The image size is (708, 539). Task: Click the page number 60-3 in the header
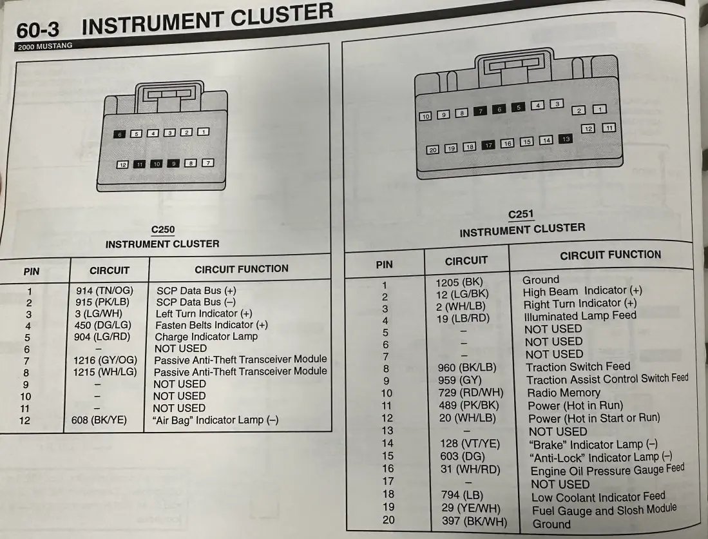click(38, 30)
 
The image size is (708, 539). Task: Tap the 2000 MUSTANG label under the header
click(44, 46)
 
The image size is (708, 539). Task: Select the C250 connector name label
click(163, 230)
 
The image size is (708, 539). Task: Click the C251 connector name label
click(521, 215)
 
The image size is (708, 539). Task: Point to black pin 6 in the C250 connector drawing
click(120, 134)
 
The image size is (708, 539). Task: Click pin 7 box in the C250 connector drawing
click(207, 162)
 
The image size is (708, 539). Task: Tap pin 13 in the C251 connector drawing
click(566, 139)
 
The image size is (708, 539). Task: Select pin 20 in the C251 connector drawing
click(432, 150)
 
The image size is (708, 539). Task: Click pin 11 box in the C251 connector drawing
click(609, 128)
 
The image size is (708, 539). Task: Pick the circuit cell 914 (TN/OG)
click(104, 291)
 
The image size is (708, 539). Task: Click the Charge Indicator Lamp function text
click(206, 337)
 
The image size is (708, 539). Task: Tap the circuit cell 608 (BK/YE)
click(99, 420)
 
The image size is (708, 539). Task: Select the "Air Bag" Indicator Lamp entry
click(215, 420)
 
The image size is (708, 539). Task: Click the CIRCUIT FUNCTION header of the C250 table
click(242, 269)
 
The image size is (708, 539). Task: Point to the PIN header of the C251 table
click(384, 265)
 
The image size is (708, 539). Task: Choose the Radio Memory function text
click(564, 393)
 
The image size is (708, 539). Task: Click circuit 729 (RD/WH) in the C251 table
click(471, 393)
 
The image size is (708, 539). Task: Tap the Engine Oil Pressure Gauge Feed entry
click(608, 470)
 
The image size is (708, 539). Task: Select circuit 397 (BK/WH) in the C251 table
click(475, 521)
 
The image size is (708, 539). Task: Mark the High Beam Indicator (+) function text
click(582, 291)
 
